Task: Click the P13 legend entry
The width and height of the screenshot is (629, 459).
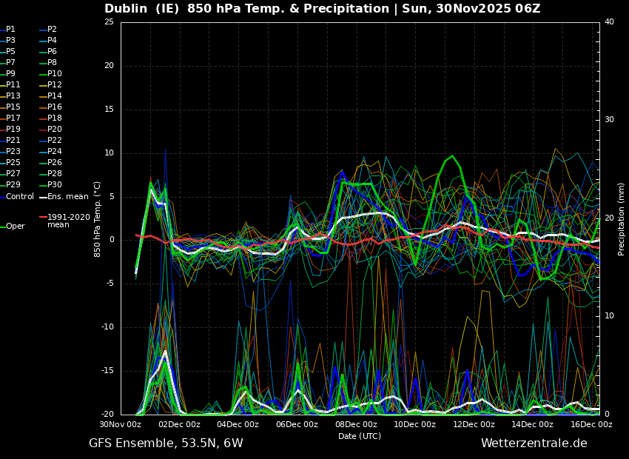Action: click(13, 96)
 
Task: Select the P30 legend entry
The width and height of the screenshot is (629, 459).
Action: click(55, 185)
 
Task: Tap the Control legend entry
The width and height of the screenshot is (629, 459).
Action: click(20, 196)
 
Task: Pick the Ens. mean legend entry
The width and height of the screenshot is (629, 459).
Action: click(67, 196)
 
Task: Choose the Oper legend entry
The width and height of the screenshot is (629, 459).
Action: click(16, 227)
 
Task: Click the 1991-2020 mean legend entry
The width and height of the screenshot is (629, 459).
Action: click(68, 221)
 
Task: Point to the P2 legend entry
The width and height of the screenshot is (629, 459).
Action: click(52, 30)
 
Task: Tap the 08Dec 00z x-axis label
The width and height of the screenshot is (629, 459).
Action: click(356, 425)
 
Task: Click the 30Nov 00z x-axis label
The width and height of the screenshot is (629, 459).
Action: click(121, 425)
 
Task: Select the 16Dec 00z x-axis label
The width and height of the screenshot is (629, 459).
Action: click(591, 425)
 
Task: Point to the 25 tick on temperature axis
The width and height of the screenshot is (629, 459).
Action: click(109, 21)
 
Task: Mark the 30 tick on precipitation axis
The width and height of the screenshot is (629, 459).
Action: click(609, 119)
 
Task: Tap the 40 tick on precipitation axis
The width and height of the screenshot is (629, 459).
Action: click(609, 21)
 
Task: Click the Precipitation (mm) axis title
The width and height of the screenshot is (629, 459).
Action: click(622, 218)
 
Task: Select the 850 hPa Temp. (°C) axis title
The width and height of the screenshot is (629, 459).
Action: click(98, 218)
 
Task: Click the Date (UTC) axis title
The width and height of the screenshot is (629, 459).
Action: click(360, 437)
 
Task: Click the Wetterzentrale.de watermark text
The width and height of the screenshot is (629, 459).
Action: click(534, 443)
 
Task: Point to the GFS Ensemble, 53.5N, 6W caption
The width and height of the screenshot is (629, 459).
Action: click(166, 443)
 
